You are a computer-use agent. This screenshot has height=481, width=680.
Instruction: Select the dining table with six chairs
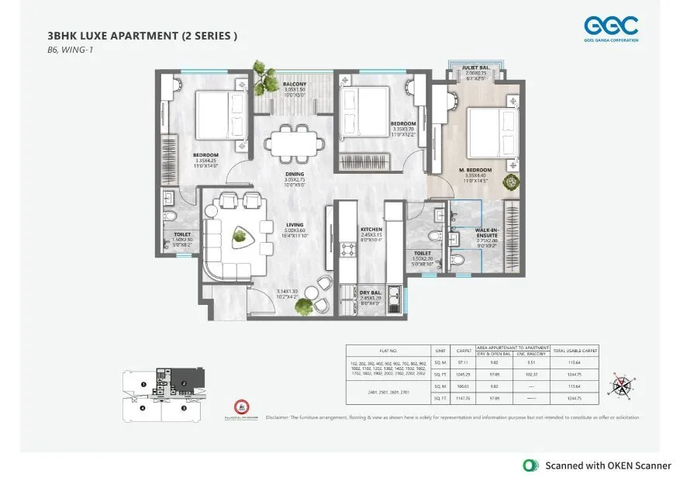pyautogui.click(x=289, y=144)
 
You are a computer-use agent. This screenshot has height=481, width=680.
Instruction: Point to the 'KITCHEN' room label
pyautogui.click(x=371, y=230)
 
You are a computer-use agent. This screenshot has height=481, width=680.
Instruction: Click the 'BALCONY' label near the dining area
pyautogui.click(x=294, y=84)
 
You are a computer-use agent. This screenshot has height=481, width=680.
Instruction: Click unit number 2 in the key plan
pyautogui.click(x=184, y=383)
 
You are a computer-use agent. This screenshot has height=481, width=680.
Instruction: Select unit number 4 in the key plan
pyautogui.click(x=143, y=407)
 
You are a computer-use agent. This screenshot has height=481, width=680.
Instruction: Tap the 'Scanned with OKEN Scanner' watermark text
pyautogui.click(x=609, y=465)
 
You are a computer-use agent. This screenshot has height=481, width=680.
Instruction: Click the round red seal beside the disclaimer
pyautogui.click(x=240, y=407)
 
